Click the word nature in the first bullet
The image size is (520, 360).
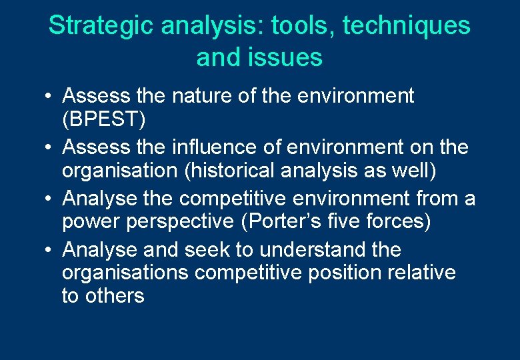pyautogui.click(x=204, y=96)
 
